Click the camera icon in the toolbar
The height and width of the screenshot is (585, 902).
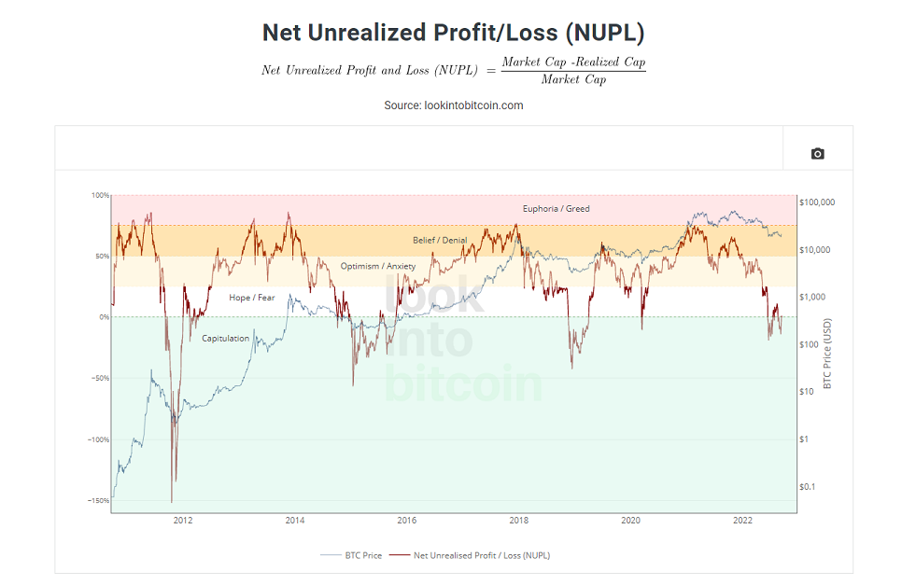(817, 153)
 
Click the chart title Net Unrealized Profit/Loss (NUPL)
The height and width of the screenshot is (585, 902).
(453, 33)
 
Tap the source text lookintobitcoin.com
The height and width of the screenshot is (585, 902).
(474, 105)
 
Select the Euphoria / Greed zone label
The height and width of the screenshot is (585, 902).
(556, 209)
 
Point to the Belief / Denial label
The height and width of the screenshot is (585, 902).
(440, 240)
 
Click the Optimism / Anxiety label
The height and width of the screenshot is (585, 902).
(378, 266)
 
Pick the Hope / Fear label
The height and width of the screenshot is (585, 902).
(252, 298)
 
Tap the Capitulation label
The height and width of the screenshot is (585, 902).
(226, 339)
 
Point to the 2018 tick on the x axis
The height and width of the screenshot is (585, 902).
(518, 520)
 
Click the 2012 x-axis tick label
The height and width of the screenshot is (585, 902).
(183, 520)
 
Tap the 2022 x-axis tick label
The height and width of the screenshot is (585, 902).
(742, 520)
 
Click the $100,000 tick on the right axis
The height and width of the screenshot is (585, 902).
(817, 202)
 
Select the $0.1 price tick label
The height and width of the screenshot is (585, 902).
(807, 487)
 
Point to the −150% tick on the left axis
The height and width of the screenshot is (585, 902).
(98, 500)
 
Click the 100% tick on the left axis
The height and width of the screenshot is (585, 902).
(100, 195)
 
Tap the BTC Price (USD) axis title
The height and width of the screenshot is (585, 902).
(827, 354)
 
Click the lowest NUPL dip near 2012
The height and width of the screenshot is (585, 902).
(172, 501)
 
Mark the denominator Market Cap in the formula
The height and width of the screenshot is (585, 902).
(573, 79)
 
